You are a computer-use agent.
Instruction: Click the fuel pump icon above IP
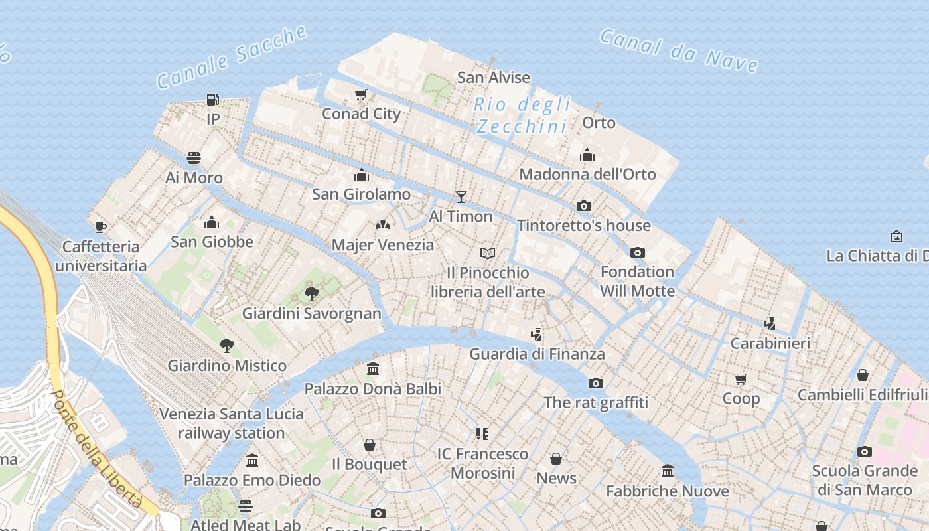[212, 100]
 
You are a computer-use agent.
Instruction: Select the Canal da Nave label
[679, 50]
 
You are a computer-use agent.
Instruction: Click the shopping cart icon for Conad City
[360, 94]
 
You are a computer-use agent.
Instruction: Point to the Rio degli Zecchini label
[522, 115]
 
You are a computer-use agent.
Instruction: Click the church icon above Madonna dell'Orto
[587, 155]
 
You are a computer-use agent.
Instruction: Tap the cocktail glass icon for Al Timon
[461, 196]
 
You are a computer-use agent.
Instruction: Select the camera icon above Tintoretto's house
[584, 206]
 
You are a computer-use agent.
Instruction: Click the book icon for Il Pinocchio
[488, 253]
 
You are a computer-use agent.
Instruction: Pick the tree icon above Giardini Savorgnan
[311, 293]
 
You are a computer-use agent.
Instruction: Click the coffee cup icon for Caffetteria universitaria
[100, 227]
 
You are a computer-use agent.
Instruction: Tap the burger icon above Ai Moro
[194, 158]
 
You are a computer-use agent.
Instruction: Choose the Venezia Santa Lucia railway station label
[231, 423]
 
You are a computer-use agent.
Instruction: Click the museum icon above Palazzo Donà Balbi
[373, 368]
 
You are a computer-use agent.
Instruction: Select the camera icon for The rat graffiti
[596, 383]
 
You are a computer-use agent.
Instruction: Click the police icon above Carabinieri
[770, 324]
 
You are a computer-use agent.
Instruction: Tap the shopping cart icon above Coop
[741, 379]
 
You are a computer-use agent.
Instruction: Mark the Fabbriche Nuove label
[668, 491]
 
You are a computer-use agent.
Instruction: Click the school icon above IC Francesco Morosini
[482, 434]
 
